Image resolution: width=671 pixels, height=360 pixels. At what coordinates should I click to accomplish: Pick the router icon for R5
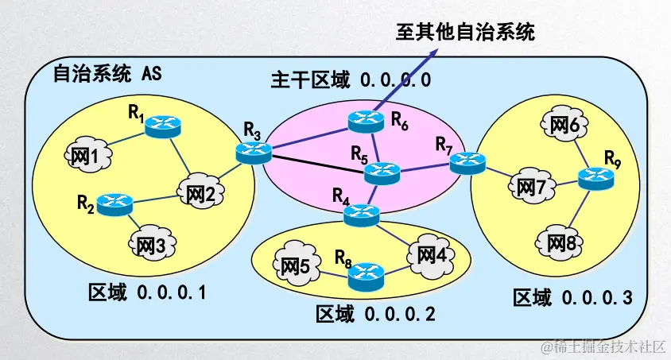pos(385,172)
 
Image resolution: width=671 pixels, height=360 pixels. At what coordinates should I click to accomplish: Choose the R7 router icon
pos(466,163)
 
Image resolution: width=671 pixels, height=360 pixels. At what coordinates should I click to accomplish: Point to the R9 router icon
pos(595,180)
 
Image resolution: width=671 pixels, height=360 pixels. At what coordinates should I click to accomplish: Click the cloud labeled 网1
pos(84,157)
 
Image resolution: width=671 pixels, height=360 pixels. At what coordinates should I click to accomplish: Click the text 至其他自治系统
pos(466,32)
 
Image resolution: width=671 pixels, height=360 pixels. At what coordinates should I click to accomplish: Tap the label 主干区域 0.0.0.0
pos(351,79)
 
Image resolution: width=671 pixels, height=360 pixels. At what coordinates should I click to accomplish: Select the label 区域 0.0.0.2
pos(375,314)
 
